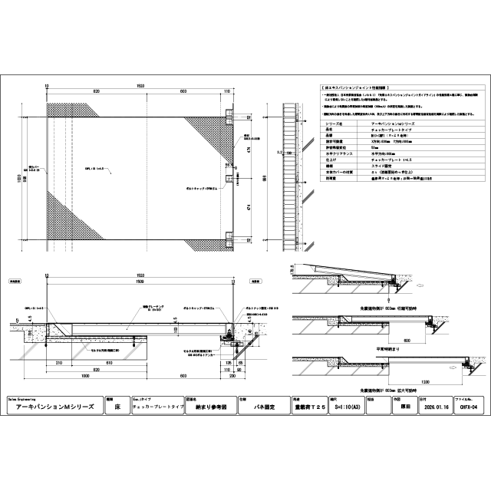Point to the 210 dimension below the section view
[59, 361]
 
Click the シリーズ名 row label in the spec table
[334, 123]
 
